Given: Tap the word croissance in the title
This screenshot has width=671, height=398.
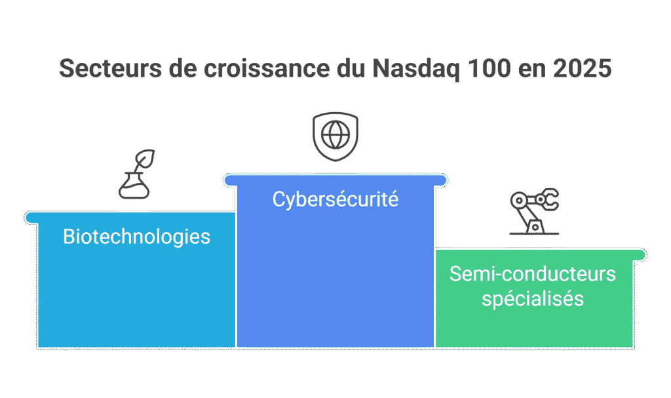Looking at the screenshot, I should [x=246, y=69].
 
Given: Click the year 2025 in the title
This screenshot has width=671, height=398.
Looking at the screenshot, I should [x=581, y=69].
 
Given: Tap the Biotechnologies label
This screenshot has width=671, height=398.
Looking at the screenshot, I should [x=136, y=236].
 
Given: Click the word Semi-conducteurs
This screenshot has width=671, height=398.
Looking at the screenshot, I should [x=533, y=273].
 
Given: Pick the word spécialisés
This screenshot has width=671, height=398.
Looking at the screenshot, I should [x=533, y=299].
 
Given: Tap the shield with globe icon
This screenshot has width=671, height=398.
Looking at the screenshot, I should [x=335, y=136].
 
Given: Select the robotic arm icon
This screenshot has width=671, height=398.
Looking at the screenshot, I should [x=534, y=212].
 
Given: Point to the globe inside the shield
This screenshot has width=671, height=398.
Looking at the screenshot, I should [x=335, y=135].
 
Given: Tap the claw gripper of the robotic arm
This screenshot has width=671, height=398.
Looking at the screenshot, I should [x=549, y=199].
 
